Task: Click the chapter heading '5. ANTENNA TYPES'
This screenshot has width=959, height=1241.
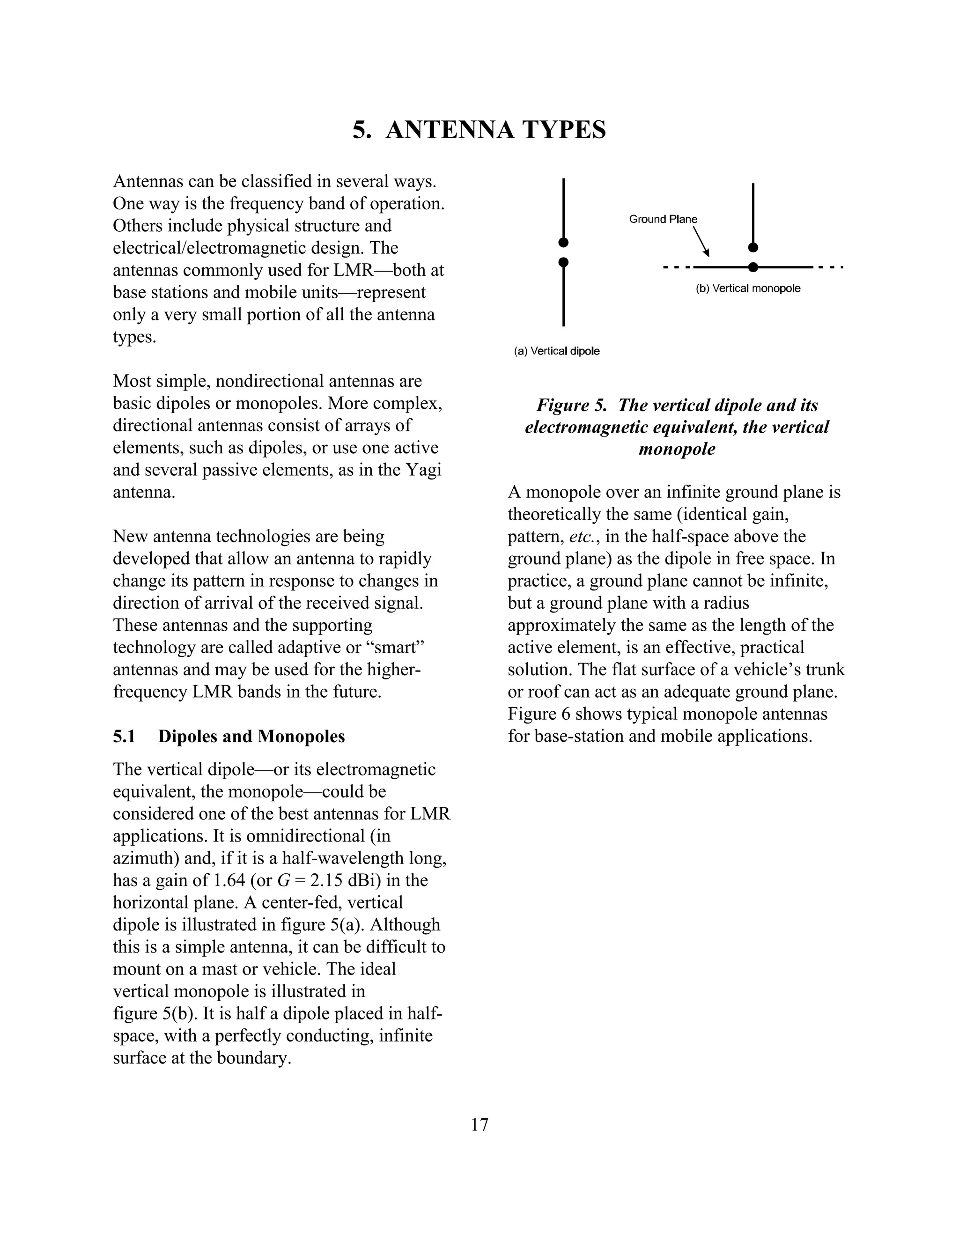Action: [x=479, y=130]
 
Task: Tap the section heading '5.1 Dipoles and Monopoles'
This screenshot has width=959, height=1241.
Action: [x=229, y=737]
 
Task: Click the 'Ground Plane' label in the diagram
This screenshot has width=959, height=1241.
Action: [x=663, y=219]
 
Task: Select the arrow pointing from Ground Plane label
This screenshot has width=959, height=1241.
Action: [x=702, y=243]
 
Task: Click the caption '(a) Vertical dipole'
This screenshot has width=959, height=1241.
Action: [x=556, y=351]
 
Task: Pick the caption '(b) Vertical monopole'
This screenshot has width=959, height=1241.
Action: [x=748, y=288]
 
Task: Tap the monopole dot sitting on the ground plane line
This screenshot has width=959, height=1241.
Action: [x=753, y=267]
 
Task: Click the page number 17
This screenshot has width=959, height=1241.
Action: [x=479, y=1136]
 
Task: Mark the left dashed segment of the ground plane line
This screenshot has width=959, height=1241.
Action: [x=677, y=267]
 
